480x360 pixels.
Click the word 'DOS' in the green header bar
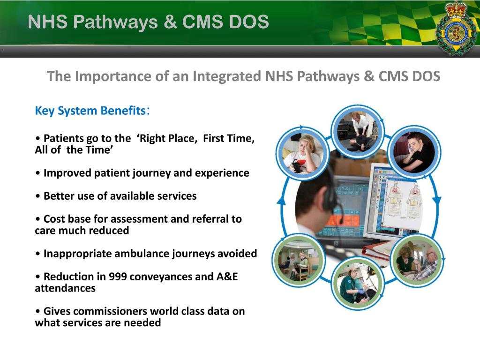point(250,22)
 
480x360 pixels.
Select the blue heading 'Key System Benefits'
point(90,111)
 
